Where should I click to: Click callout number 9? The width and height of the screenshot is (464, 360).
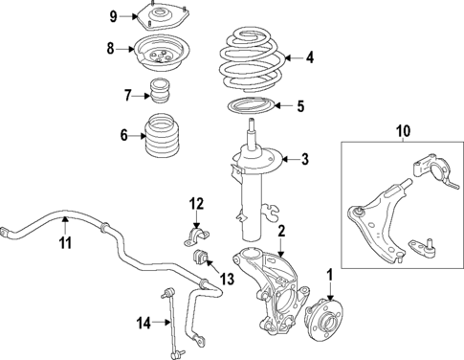(113, 16)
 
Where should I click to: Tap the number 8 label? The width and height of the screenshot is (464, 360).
(111, 48)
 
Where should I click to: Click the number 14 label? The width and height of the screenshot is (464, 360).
(143, 324)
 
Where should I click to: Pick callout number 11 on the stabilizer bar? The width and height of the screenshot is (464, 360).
(65, 244)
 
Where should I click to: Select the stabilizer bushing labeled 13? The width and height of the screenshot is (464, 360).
(201, 260)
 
